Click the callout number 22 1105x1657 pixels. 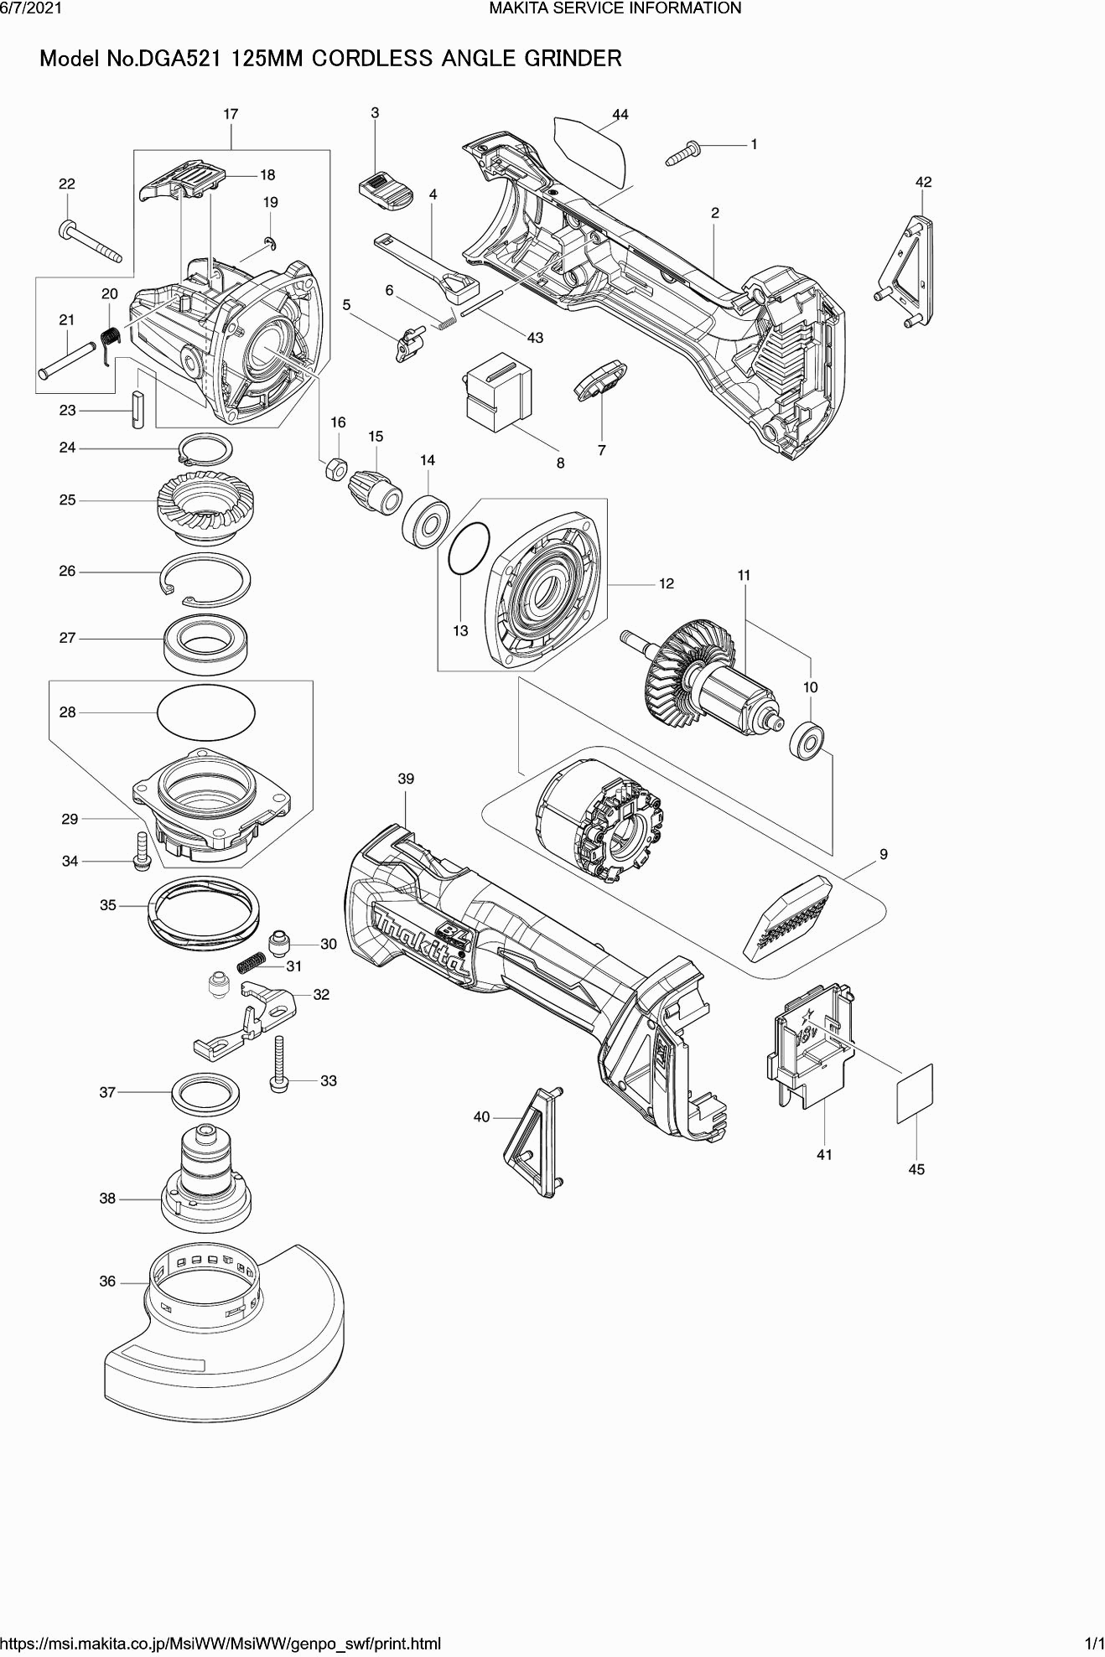(67, 184)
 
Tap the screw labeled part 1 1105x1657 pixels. (682, 153)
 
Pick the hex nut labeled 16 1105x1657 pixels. (335, 469)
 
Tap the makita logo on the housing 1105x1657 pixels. (422, 945)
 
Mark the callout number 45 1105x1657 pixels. (916, 1169)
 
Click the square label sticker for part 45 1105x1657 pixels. (915, 1093)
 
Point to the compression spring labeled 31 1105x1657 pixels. (250, 965)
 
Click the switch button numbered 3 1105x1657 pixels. (385, 191)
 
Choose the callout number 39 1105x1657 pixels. (406, 779)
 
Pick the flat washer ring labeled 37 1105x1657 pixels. (206, 1093)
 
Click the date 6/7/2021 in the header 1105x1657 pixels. (29, 8)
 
